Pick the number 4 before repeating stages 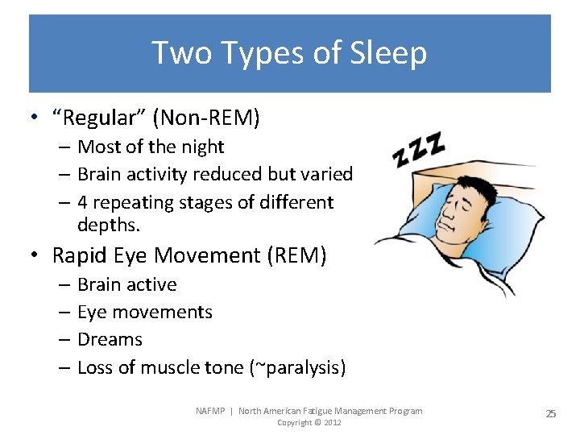point(83,201)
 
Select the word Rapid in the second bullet point(80,255)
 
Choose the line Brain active point(126,284)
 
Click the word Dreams point(110,339)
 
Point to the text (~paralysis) point(297,368)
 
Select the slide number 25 point(551,413)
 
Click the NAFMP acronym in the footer point(211,411)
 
